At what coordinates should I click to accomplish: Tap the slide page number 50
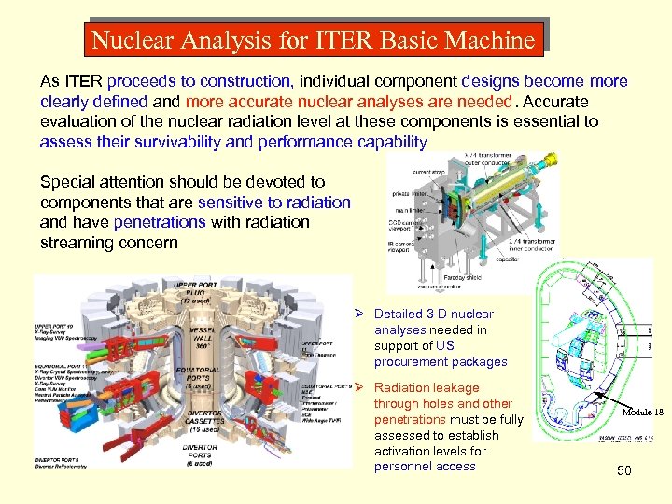624,470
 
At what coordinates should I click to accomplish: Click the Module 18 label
643,413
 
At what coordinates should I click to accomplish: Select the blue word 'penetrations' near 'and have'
159,222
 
